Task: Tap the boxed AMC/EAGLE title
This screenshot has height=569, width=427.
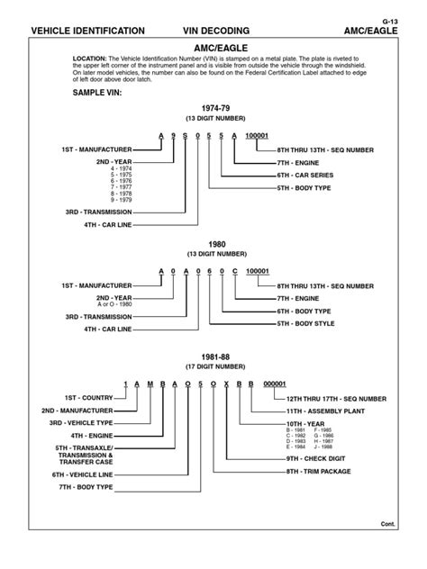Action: tap(214, 46)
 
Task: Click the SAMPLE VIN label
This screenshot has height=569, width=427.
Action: tap(95, 93)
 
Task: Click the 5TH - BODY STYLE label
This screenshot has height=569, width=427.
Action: tap(306, 321)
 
